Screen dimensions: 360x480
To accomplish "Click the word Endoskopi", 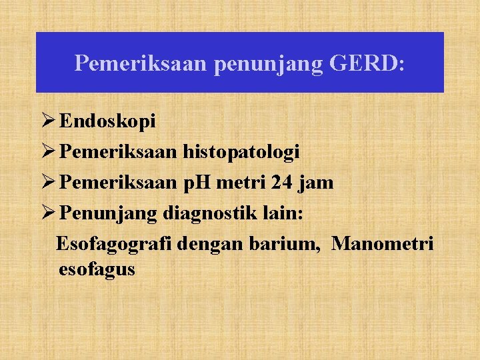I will (107, 121).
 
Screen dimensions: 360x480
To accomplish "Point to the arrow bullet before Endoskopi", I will (47, 121).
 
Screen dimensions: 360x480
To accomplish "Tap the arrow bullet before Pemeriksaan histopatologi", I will (47, 152).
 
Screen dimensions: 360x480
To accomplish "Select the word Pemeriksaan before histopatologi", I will (118, 152).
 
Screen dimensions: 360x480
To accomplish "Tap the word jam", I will (313, 183).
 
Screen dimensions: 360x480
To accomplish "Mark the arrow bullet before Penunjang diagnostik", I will (47, 213).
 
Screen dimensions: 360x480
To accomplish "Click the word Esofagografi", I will (115, 244).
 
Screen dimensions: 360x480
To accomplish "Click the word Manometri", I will (382, 244).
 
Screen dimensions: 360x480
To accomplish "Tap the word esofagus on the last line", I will (97, 269).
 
